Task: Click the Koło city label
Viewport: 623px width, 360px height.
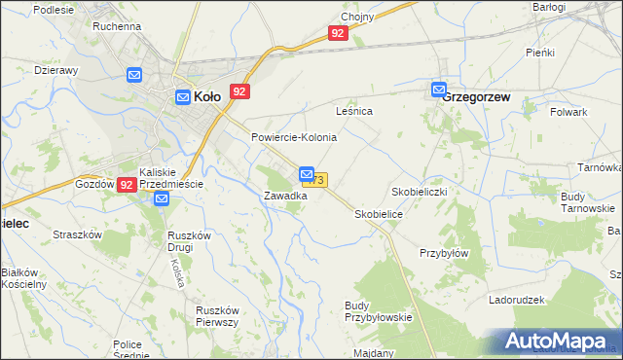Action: click(206, 96)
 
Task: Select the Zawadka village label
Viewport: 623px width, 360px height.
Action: click(285, 196)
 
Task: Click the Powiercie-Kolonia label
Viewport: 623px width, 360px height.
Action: click(294, 137)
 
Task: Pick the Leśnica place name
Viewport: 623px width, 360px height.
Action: click(354, 112)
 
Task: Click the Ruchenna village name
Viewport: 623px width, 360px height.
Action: click(117, 26)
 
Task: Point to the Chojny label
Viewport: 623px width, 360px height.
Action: click(358, 17)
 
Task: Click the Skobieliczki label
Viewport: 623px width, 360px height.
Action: click(419, 191)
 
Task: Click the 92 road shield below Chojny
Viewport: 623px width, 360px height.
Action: click(337, 33)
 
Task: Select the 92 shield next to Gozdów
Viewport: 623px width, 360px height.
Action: click(127, 184)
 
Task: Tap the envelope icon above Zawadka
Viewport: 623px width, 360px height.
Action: click(306, 172)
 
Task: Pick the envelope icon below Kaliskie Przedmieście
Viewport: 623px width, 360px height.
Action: click(162, 198)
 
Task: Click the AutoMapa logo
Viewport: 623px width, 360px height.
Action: click(559, 341)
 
